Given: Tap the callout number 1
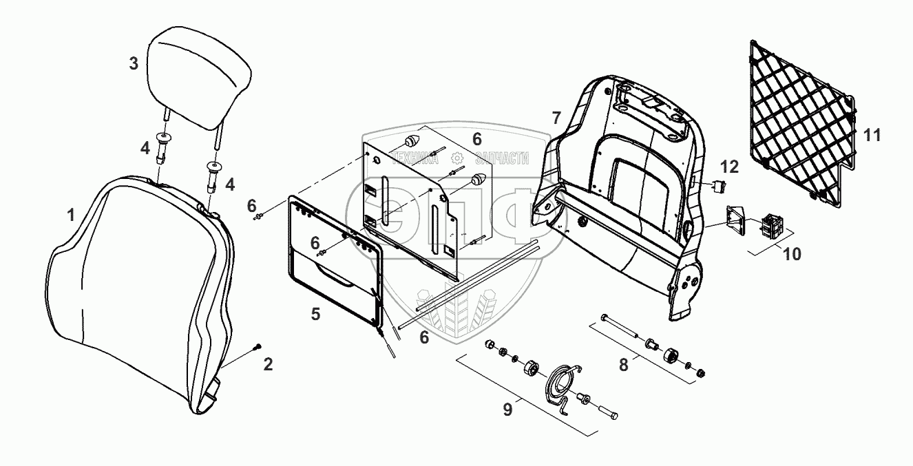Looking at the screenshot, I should click(71, 215).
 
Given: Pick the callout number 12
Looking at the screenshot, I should click(730, 167).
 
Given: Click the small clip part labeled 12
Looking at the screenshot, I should click(719, 185).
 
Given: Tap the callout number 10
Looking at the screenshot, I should click(792, 253).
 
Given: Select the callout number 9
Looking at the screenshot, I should click(507, 409).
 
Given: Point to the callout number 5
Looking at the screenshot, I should click(315, 314).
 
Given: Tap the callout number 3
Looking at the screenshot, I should click(134, 64).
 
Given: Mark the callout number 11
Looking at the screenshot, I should click(872, 136).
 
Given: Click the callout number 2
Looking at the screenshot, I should click(269, 364).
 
